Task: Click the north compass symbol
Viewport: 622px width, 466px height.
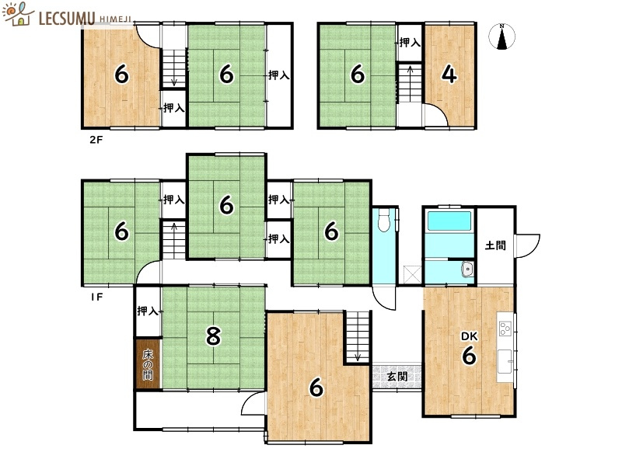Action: point(501,37)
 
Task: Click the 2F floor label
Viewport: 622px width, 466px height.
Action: point(96,140)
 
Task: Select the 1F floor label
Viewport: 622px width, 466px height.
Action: point(96,297)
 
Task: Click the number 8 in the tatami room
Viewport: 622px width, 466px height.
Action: point(213,336)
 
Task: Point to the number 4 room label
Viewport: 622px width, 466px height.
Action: point(449,74)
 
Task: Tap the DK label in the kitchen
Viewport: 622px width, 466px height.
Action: point(470,336)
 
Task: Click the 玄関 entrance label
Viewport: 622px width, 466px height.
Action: point(397,376)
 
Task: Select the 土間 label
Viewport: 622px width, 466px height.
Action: point(495,245)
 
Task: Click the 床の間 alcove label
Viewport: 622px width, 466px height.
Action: point(148,364)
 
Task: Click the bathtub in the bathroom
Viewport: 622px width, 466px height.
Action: point(449,221)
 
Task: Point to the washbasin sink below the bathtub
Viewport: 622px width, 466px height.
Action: point(468,270)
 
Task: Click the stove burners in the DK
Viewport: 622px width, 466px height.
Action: point(505,329)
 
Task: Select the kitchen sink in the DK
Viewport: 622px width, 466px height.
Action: point(505,361)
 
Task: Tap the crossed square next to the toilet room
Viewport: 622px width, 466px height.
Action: point(412,275)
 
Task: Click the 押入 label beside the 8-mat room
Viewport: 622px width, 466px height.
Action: point(148,311)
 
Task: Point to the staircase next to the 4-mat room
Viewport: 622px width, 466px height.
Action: point(411,83)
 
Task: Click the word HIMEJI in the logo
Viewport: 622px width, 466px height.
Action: point(115,19)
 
